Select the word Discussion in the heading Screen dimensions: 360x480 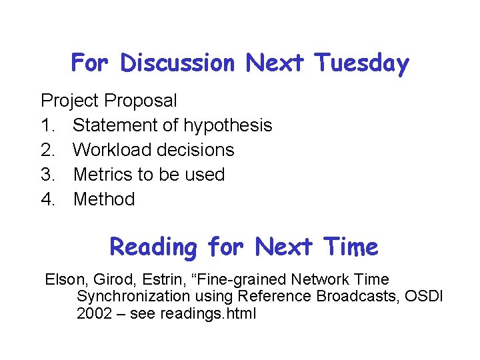177,64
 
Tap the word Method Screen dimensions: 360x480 104,199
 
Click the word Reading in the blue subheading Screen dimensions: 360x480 153,247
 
